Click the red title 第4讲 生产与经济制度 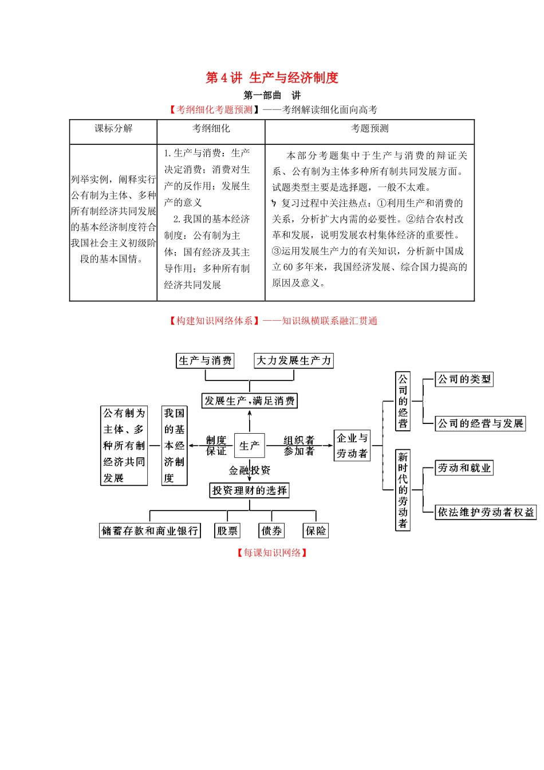pos(272,78)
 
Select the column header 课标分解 pos(113,128)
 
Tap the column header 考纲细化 pos(211,128)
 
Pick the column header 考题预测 pos(369,128)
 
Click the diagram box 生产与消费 pos(205,360)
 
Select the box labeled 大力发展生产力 pos(294,360)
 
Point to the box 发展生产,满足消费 pos(250,400)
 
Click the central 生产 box pos(250,445)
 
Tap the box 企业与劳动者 pos(352,445)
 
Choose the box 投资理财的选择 pos(250,490)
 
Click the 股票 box pos(227,531)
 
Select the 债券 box pos(271,531)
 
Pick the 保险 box pos(316,531)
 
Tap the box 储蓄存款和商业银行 pos(150,531)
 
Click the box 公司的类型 pos(464,379)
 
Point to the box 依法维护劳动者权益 pos(486,512)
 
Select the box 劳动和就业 pos(464,468)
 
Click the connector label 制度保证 pos(216,445)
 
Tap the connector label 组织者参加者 pos(299,445)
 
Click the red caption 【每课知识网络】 pos(272,553)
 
